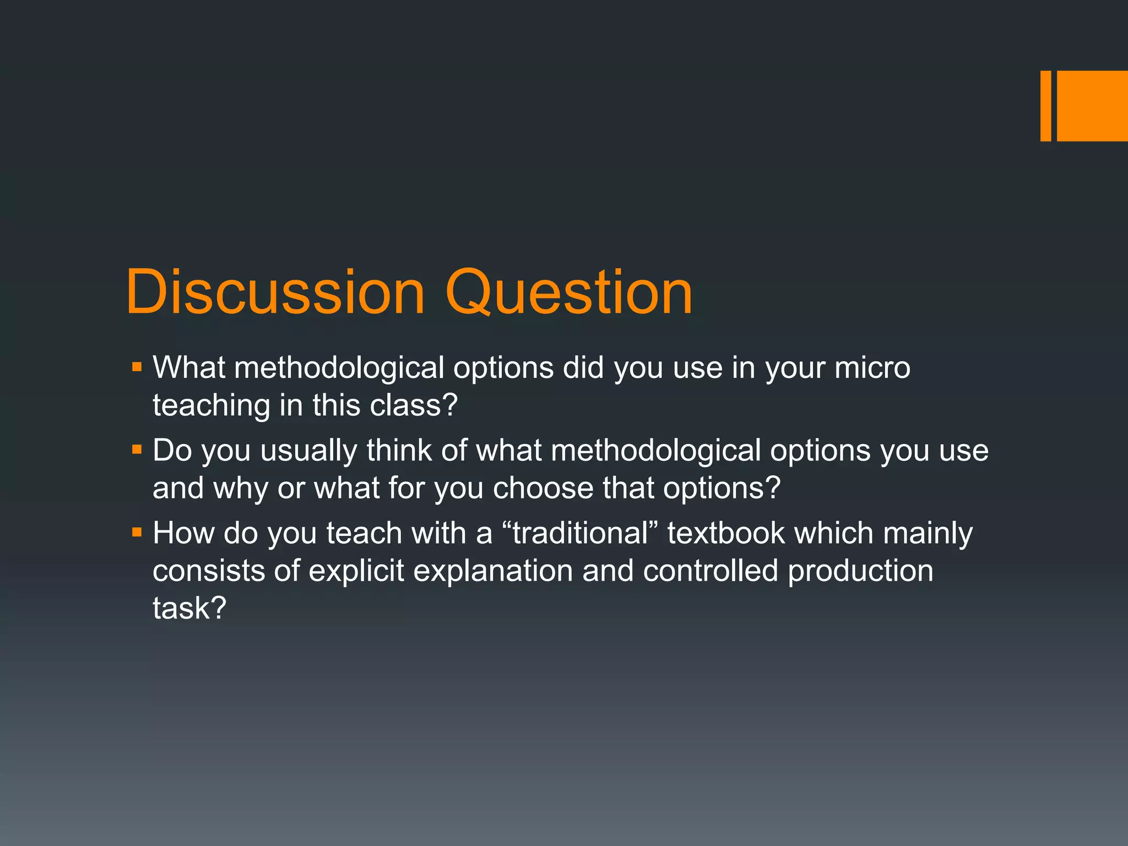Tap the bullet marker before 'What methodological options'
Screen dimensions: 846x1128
point(137,366)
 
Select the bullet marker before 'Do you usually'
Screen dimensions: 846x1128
point(137,449)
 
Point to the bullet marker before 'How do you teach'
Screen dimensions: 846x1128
point(137,533)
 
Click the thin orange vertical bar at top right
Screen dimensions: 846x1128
point(1045,106)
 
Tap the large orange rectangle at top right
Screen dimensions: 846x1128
point(1092,106)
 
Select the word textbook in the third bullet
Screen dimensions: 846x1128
point(726,533)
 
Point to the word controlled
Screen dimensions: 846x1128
point(710,571)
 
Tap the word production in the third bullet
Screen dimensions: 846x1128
point(860,571)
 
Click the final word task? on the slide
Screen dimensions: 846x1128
point(189,609)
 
